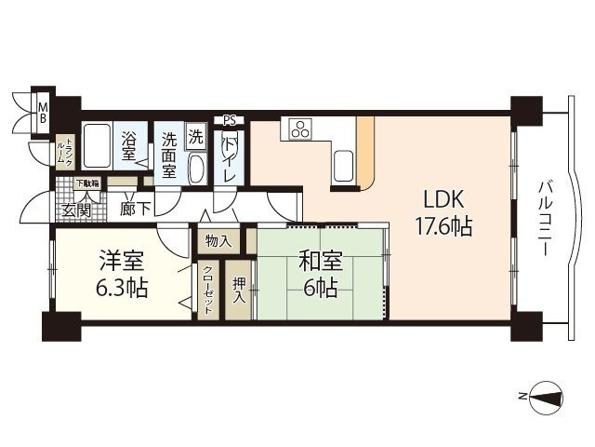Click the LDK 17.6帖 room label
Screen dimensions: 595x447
click(x=443, y=213)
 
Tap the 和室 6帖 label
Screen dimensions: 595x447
click(x=321, y=274)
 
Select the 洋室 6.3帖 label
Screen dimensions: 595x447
click(x=122, y=274)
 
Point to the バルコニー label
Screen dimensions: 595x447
click(x=546, y=219)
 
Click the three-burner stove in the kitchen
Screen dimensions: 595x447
click(x=301, y=129)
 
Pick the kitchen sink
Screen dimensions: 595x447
click(x=343, y=166)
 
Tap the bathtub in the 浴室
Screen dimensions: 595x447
click(x=97, y=145)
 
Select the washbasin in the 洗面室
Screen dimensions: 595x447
click(x=196, y=169)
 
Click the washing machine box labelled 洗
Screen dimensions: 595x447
click(x=196, y=137)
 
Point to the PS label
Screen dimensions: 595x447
click(x=230, y=120)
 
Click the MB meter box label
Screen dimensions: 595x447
click(x=44, y=113)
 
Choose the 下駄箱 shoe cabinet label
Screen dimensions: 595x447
click(x=87, y=183)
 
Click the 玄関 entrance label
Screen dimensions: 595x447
click(x=76, y=210)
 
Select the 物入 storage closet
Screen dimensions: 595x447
click(x=218, y=241)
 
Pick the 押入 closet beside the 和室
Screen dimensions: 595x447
click(x=239, y=290)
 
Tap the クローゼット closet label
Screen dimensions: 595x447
click(x=208, y=290)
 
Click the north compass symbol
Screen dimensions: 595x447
click(x=546, y=398)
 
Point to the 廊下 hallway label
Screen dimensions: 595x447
click(x=136, y=209)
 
